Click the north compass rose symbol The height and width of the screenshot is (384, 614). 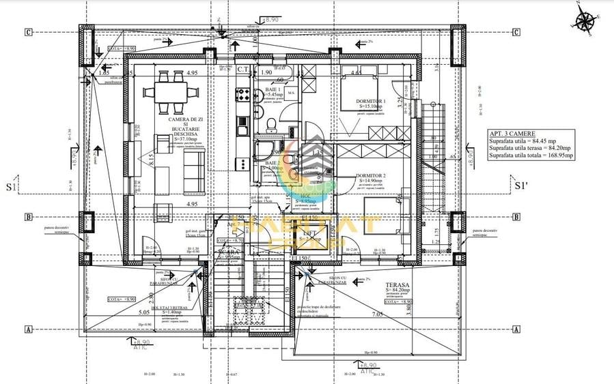tap(585, 21)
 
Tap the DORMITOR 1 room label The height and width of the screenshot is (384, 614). tap(371, 101)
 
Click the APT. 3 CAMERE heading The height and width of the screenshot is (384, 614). tap(512, 134)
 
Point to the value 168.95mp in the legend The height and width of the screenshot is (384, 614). tap(557, 156)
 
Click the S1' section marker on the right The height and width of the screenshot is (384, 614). tap(520, 185)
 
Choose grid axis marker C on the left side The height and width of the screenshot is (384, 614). tap(29, 31)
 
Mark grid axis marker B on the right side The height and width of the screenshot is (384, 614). tap(516, 217)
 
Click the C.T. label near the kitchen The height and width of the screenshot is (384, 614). tap(243, 69)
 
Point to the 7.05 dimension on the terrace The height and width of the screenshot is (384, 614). tap(377, 314)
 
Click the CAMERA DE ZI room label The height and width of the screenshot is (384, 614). tap(173, 120)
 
